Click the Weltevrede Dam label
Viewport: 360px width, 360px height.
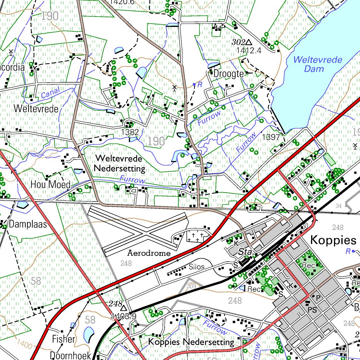(317, 64)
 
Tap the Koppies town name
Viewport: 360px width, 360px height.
(333, 240)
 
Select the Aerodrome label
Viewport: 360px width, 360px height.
(149, 253)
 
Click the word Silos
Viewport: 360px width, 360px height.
(197, 267)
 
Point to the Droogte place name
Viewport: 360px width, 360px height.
(229, 74)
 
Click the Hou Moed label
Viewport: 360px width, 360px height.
(50, 184)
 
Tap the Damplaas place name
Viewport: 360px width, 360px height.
(28, 224)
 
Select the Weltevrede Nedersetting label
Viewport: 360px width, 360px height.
(120, 163)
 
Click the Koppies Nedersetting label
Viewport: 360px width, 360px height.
(191, 342)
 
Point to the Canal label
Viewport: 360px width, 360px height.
(50, 93)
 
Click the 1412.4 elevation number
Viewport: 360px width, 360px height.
(249, 50)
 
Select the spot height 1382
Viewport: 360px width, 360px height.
(130, 132)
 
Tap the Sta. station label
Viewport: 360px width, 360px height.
(246, 252)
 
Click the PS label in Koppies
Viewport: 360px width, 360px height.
(312, 310)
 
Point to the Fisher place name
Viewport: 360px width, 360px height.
(64, 339)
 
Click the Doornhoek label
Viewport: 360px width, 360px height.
(70, 355)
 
